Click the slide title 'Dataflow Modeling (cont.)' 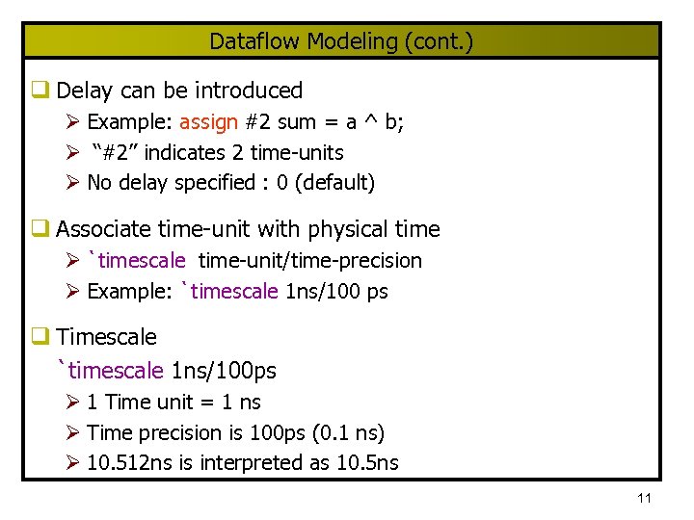click(341, 41)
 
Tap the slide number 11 click(645, 498)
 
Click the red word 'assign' click(208, 122)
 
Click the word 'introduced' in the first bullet click(249, 91)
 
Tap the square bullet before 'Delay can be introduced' click(40, 91)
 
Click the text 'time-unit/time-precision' click(310, 260)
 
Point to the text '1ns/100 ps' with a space click(337, 291)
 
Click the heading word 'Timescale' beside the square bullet click(106, 336)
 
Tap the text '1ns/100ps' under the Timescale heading click(223, 370)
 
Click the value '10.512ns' click(127, 462)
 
